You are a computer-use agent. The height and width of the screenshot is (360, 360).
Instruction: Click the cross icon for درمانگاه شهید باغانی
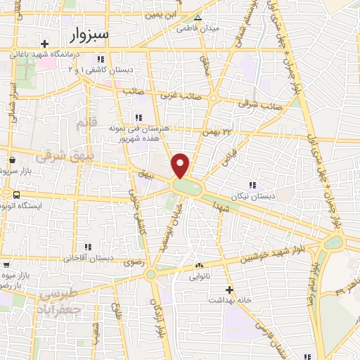(x=44, y=42)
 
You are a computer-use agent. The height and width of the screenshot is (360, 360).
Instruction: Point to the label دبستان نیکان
(x=253, y=197)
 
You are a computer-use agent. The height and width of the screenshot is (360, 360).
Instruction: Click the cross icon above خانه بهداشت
(x=228, y=289)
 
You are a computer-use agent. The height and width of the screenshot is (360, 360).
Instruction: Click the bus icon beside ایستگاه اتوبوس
(x=16, y=193)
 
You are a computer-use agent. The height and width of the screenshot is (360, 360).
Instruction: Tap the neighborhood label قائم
(x=83, y=124)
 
